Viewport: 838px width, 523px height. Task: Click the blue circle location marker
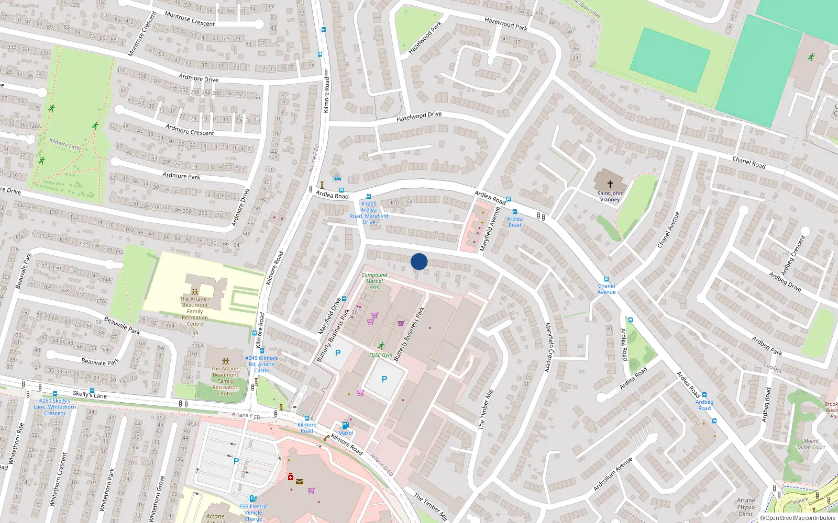click(419, 261)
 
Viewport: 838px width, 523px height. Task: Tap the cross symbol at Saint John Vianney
click(610, 184)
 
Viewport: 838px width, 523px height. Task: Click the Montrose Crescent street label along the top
click(190, 19)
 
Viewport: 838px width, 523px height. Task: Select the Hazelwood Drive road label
click(419, 117)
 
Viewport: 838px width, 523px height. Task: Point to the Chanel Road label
click(749, 163)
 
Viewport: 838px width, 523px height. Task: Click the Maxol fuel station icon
click(345, 425)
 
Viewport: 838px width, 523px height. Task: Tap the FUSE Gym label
click(380, 355)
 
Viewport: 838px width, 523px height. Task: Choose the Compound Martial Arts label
click(374, 281)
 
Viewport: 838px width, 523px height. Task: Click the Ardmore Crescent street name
click(190, 130)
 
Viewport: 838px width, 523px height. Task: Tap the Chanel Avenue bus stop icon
click(607, 280)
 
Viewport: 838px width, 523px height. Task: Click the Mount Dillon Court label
click(811, 444)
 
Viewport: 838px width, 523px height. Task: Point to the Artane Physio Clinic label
click(746, 507)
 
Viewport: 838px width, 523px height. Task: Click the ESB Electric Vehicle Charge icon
click(253, 499)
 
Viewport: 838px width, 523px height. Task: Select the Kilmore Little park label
click(65, 144)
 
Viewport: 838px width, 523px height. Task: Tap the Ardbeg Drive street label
click(785, 281)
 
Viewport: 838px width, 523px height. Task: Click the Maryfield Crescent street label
click(548, 347)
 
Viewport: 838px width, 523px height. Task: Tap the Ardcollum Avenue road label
click(613, 474)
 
